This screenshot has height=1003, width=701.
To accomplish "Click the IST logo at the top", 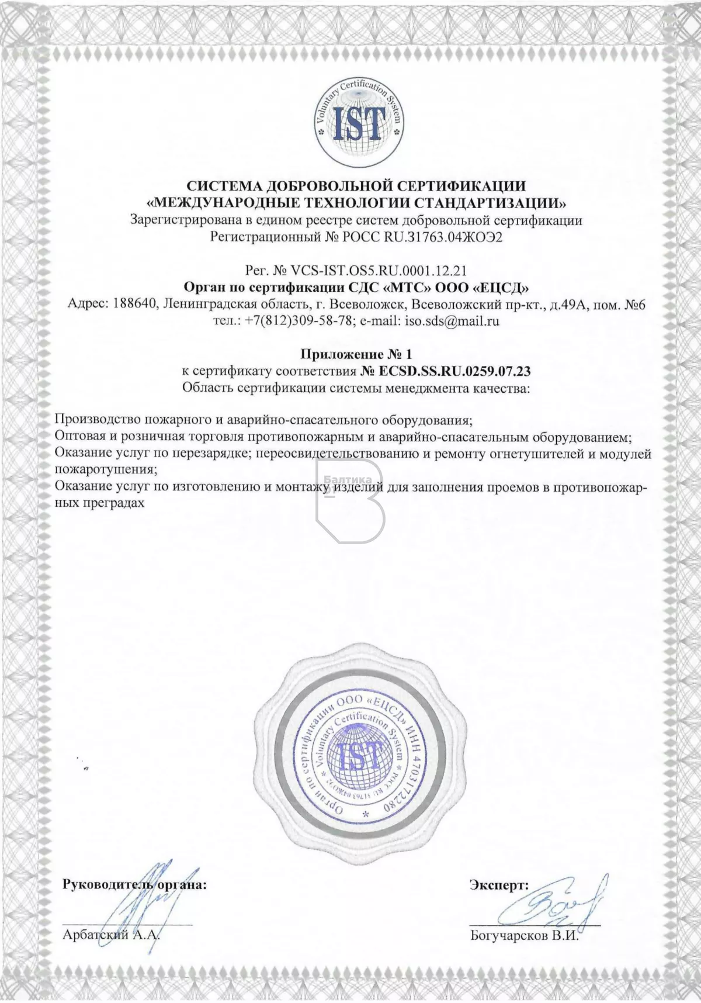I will (x=358, y=122).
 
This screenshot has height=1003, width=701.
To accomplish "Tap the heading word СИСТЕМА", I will (x=224, y=186).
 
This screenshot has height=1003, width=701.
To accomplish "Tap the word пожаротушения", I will (x=105, y=469).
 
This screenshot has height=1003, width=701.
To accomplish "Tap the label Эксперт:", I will (x=499, y=901).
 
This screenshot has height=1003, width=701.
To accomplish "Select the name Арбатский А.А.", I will (x=110, y=952).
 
